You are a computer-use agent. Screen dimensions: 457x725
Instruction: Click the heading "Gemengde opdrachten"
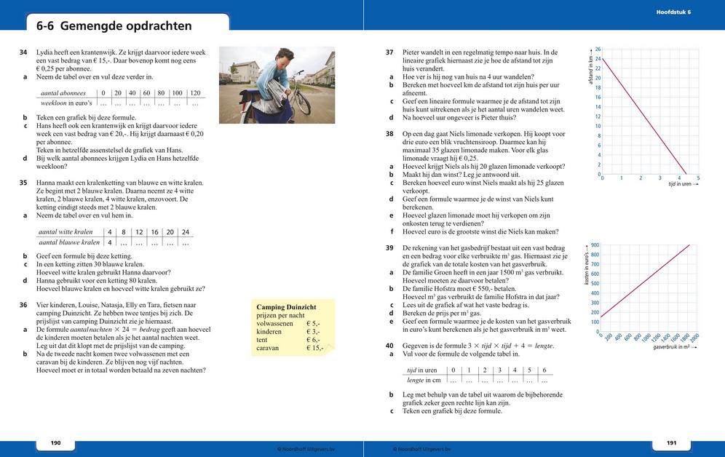click(x=126, y=26)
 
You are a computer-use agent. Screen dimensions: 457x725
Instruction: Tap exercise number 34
click(x=24, y=53)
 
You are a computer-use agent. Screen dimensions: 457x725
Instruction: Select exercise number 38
click(x=389, y=135)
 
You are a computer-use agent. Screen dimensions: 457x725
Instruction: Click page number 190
click(x=55, y=443)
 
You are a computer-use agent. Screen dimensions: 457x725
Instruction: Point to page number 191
click(x=671, y=443)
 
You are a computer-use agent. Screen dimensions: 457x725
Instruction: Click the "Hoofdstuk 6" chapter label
click(x=673, y=12)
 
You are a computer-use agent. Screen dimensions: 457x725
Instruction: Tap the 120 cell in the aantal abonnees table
click(x=194, y=93)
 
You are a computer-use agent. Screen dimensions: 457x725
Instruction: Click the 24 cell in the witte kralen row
click(x=185, y=231)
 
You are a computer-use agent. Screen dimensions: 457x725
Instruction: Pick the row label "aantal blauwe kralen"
click(x=69, y=242)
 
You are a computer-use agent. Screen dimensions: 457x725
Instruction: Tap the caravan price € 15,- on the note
click(x=315, y=348)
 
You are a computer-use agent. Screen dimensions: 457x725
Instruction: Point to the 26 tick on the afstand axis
click(x=598, y=49)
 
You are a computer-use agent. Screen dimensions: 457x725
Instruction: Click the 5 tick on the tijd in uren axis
click(x=697, y=178)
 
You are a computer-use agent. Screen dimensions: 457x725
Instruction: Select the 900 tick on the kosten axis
click(x=595, y=245)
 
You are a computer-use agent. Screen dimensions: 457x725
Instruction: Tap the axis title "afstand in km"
click(x=592, y=68)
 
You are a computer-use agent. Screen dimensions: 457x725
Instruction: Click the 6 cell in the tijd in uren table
click(x=544, y=370)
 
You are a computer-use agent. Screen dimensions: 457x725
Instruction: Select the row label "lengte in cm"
click(x=425, y=380)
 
